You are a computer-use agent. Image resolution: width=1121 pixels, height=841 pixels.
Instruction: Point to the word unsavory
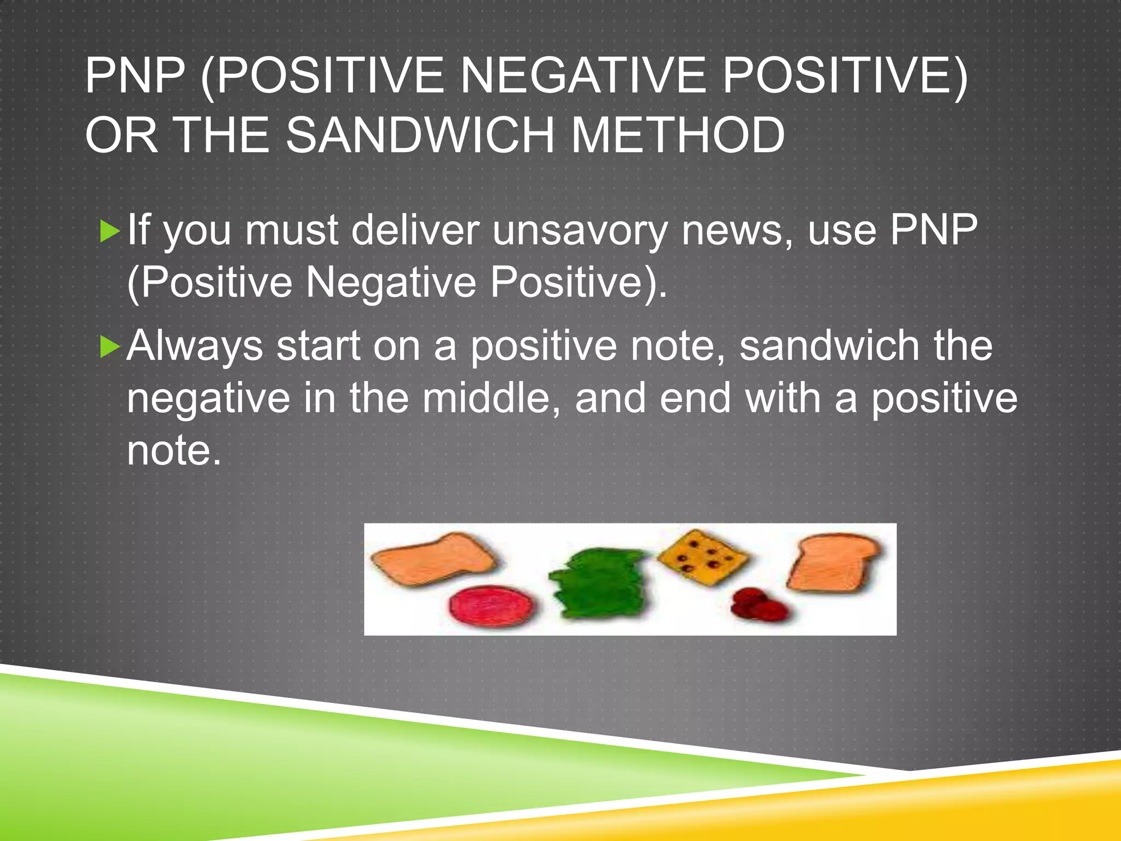tap(579, 230)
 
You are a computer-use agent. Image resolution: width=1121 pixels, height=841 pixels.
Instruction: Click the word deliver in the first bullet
tap(415, 230)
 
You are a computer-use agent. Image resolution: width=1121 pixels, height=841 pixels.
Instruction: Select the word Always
tap(194, 347)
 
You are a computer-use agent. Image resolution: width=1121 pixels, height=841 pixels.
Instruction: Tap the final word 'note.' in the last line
tap(174, 450)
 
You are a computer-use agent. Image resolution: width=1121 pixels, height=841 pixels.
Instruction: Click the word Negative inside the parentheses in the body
tap(391, 283)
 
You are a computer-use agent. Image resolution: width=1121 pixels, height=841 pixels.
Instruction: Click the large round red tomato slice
tap(492, 606)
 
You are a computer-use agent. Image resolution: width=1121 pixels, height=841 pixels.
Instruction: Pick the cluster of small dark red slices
tap(758, 606)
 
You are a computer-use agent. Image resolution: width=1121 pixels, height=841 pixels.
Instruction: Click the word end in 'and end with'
tap(695, 398)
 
